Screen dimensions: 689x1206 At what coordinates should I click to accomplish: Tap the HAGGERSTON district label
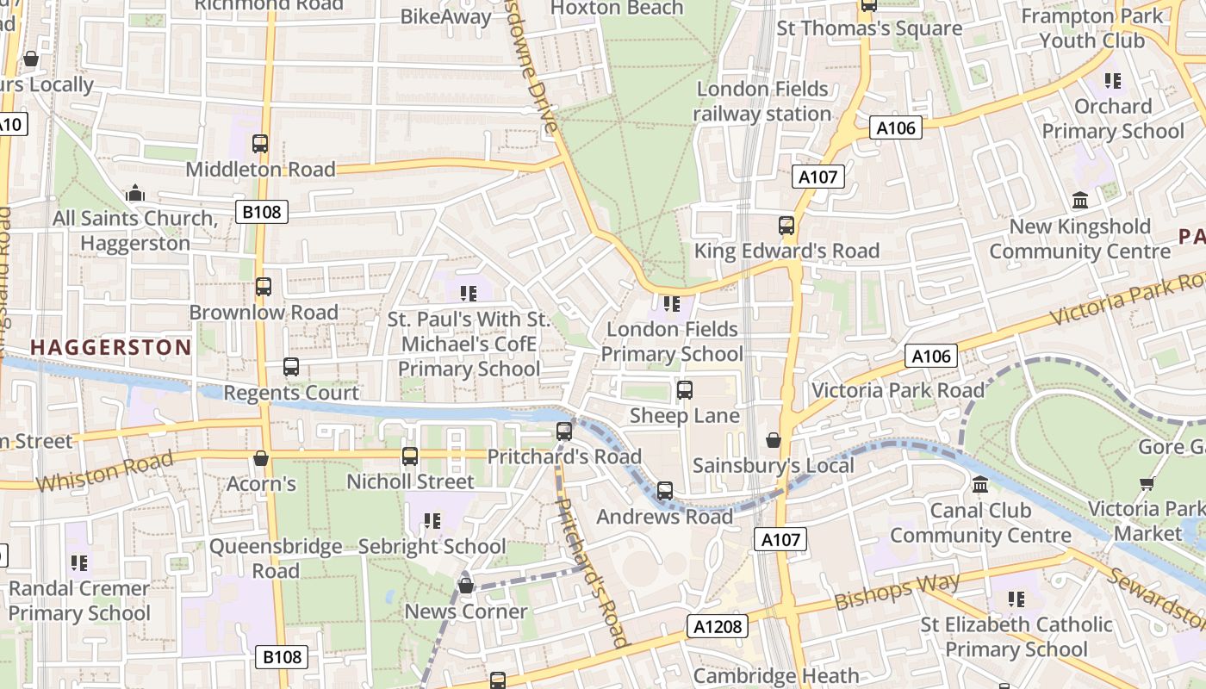coord(111,347)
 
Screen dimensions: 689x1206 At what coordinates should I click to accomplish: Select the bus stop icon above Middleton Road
coord(260,144)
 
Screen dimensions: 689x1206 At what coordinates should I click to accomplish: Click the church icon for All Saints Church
coord(134,193)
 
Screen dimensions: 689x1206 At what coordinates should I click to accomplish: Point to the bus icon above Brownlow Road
coord(264,287)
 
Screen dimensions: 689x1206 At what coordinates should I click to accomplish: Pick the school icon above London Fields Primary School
coord(672,304)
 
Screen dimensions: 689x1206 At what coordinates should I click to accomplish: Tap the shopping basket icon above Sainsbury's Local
coord(774,440)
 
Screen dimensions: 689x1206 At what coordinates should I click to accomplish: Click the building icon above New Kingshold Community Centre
coord(1080,201)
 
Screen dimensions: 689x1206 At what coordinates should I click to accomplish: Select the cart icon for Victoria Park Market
coord(1147,483)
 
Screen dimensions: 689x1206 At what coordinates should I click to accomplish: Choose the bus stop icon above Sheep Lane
coord(685,390)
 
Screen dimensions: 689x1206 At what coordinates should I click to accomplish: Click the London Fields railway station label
coord(762,101)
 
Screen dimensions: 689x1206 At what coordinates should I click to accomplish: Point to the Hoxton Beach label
coord(616,9)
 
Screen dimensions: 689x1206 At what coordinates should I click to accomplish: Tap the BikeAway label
coord(446,16)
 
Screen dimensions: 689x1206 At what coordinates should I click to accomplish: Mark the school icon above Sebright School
coord(432,521)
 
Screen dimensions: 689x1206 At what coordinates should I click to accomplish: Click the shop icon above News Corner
coord(466,587)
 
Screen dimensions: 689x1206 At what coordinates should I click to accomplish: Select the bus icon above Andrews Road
coord(665,491)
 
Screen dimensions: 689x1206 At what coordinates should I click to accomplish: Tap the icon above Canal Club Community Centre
coord(980,485)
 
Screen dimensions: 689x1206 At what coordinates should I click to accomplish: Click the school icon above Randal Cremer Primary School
coord(79,563)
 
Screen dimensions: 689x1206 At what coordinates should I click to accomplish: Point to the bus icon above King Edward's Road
coord(786,226)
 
